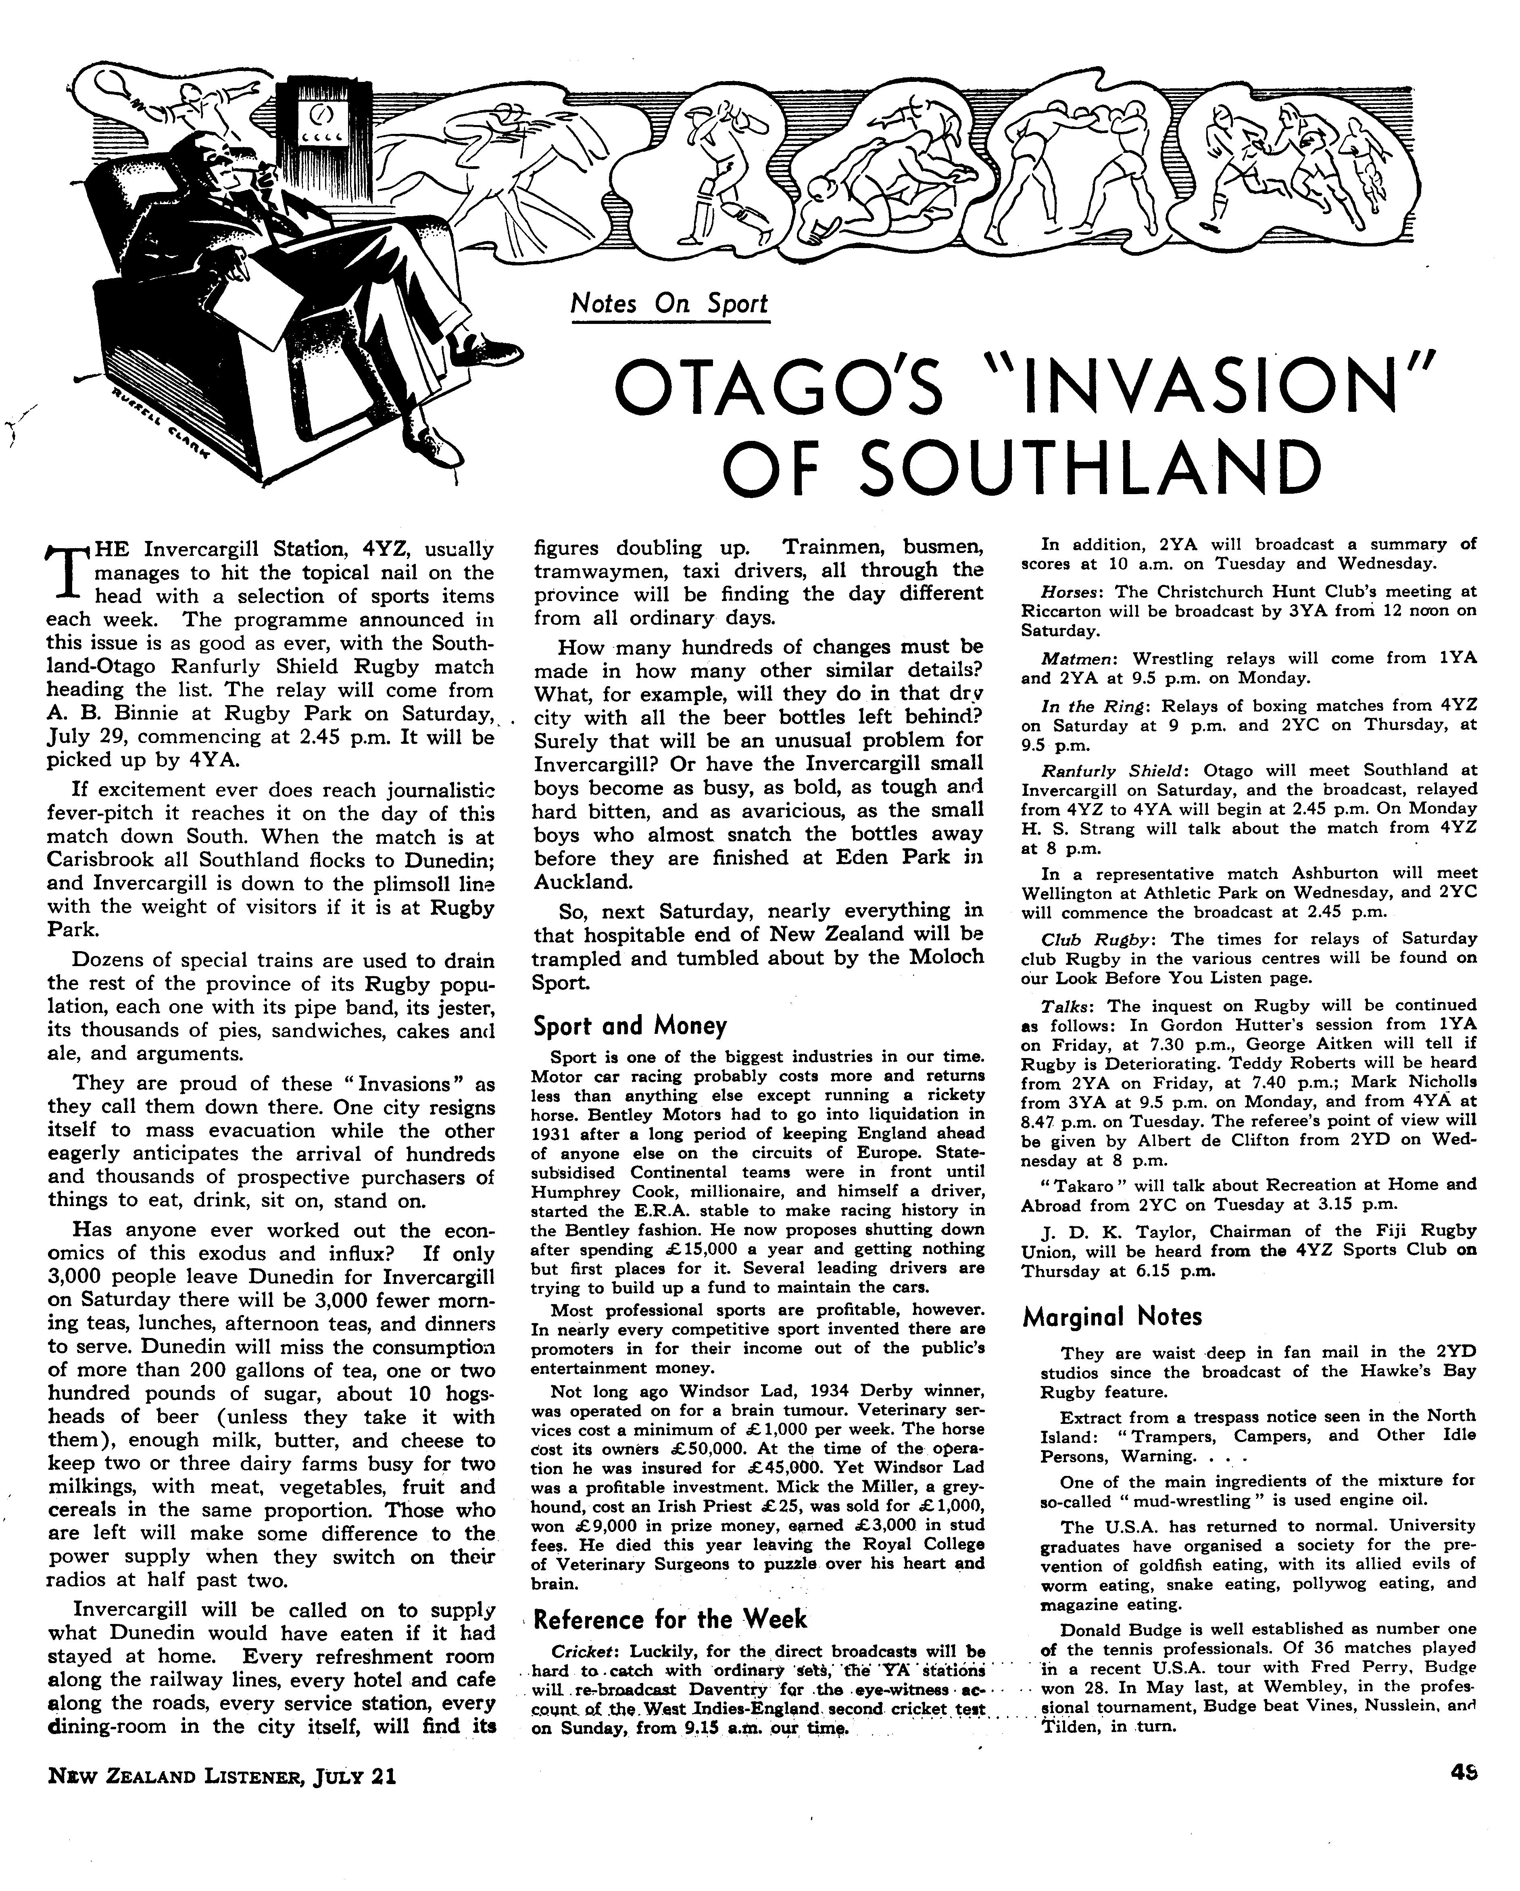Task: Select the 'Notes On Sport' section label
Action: coord(668,303)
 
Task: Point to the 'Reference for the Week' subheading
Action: coord(670,1618)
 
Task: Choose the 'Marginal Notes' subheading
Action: coord(1112,1316)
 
